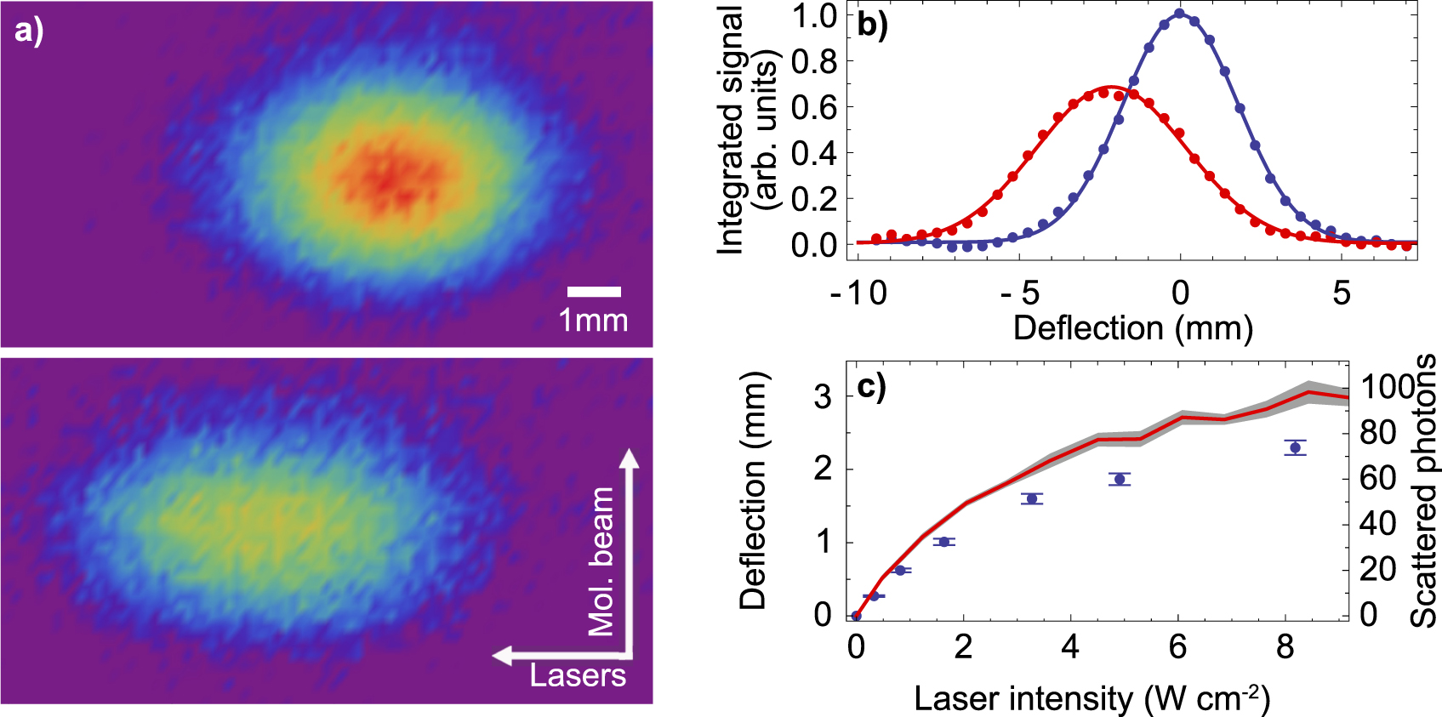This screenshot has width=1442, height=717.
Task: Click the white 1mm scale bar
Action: pyautogui.click(x=594, y=292)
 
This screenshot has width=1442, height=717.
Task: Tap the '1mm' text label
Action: pyautogui.click(x=593, y=321)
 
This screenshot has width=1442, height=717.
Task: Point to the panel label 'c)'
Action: pyautogui.click(x=871, y=386)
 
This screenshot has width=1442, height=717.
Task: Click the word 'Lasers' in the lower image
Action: pyautogui.click(x=578, y=676)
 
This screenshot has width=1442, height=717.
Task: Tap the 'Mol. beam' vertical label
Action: pyautogui.click(x=601, y=561)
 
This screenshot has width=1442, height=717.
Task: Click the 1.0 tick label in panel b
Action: pyautogui.click(x=814, y=16)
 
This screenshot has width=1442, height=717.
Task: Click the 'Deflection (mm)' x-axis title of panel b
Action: pyautogui.click(x=1133, y=328)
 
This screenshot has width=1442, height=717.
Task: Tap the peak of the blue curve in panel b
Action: pyautogui.click(x=1180, y=14)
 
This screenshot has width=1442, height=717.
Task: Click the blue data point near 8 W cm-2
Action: pyautogui.click(x=1295, y=447)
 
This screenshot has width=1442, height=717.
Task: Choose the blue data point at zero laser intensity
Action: pyautogui.click(x=857, y=616)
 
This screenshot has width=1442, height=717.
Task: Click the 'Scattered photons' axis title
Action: pyautogui.click(x=1423, y=491)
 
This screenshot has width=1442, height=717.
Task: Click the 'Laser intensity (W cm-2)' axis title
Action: pyautogui.click(x=1091, y=699)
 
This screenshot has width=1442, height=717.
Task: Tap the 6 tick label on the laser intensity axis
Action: pyautogui.click(x=1177, y=647)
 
